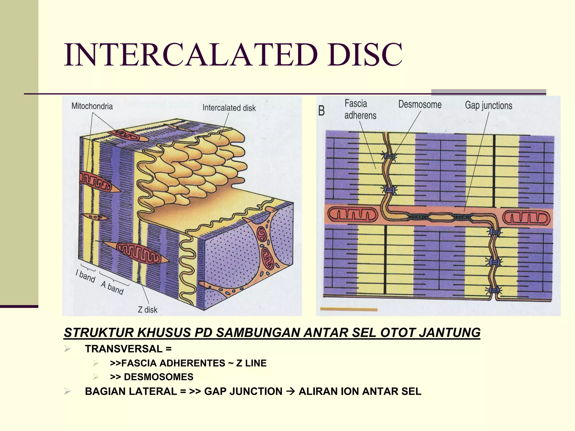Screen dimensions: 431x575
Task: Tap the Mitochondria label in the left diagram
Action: click(x=92, y=106)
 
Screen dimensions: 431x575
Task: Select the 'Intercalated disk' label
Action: click(x=229, y=108)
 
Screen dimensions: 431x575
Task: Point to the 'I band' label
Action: click(x=86, y=276)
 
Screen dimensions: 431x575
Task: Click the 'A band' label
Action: click(x=112, y=288)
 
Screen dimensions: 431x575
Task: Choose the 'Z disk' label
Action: click(x=148, y=310)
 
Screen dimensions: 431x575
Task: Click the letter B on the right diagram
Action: click(x=321, y=111)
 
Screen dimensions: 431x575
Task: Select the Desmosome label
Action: click(x=420, y=104)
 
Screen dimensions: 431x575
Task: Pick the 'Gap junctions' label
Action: click(x=489, y=106)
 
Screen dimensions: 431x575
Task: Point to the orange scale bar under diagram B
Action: click(x=349, y=310)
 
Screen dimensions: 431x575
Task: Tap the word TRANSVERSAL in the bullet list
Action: click(x=124, y=349)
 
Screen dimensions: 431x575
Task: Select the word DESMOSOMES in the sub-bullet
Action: click(x=159, y=377)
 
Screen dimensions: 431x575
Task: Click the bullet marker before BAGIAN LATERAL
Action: click(x=67, y=391)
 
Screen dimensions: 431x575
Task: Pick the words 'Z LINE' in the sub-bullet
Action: click(x=251, y=363)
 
